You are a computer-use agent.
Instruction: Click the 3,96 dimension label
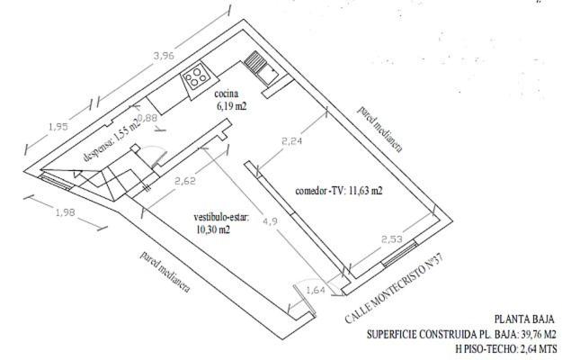click(x=164, y=56)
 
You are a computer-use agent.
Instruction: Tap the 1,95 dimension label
click(x=58, y=127)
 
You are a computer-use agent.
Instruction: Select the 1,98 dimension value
click(x=66, y=212)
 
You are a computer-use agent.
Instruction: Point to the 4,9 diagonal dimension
click(x=270, y=221)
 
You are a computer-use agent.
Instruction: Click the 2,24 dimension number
click(x=291, y=141)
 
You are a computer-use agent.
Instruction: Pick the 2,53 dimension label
click(x=392, y=238)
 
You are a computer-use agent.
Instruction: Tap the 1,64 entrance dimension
click(x=316, y=290)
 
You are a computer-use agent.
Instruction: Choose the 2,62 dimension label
click(x=185, y=181)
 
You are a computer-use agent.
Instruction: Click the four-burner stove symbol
click(x=195, y=77)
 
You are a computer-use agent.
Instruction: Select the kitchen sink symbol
click(x=261, y=67)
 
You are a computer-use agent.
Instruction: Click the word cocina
click(x=227, y=94)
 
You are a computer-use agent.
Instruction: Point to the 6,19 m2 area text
click(x=232, y=106)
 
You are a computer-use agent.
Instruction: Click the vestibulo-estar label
click(x=221, y=217)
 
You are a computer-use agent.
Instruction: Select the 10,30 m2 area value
click(x=213, y=229)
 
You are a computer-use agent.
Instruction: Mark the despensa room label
click(x=96, y=150)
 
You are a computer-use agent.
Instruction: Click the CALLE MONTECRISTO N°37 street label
click(x=394, y=288)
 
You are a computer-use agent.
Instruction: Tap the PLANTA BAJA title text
click(x=524, y=319)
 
